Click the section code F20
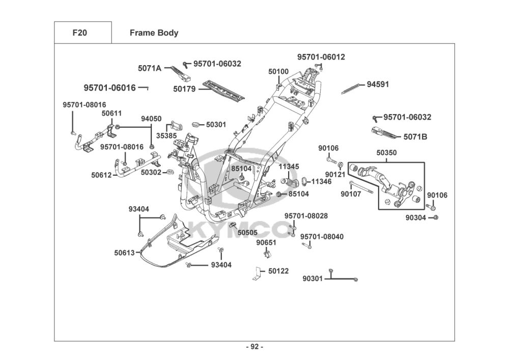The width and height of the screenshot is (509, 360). (x=79, y=33)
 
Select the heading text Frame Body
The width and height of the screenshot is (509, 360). (x=154, y=33)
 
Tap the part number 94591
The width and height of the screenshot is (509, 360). (x=378, y=85)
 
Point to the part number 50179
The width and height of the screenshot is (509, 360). (x=184, y=89)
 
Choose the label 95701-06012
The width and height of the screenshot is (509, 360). (x=321, y=57)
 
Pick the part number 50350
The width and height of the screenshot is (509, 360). (x=387, y=153)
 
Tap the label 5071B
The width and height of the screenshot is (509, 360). (x=415, y=136)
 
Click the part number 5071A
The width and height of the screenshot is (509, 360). (x=149, y=68)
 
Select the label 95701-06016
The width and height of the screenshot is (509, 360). (x=109, y=88)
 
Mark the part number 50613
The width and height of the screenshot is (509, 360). (x=124, y=252)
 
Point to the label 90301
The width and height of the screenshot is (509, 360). (x=313, y=279)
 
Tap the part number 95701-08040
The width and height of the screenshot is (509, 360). (x=322, y=237)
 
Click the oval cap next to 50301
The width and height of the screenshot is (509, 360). (x=197, y=124)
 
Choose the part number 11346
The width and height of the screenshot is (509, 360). (x=321, y=181)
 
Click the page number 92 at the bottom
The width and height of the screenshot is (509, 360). (x=254, y=347)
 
